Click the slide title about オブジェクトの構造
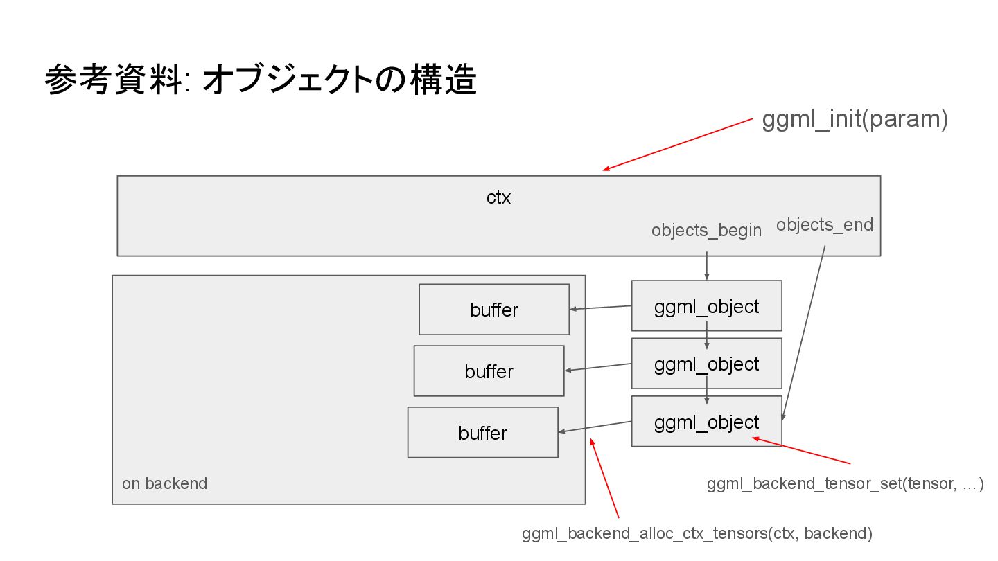261,79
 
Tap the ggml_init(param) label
855,119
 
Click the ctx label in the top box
498,197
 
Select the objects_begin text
706,231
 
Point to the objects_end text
824,225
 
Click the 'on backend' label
164,483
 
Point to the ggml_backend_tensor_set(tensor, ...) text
846,483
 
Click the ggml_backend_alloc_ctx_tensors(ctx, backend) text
697,533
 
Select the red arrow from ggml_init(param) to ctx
677,145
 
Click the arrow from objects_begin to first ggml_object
707,266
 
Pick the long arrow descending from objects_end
804,333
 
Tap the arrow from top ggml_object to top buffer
601,308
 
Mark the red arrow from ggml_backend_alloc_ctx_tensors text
604,478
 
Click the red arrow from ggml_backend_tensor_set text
801,451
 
